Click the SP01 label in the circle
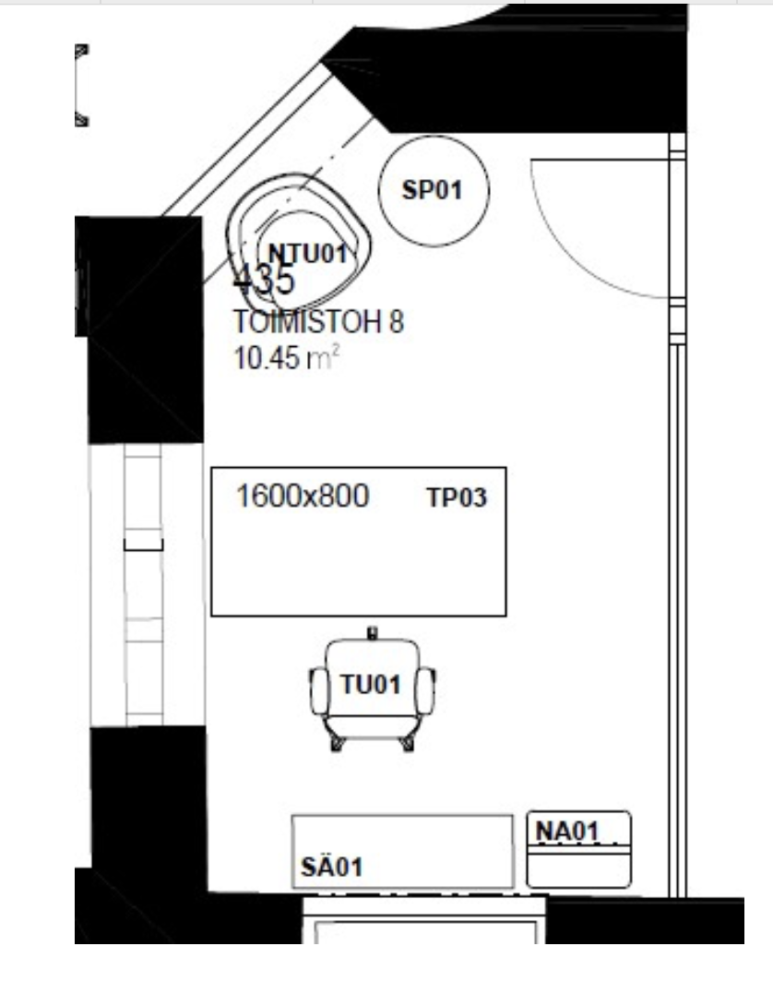432,190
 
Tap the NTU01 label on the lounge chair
307,254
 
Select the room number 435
264,280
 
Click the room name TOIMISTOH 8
318,322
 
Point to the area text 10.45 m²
287,358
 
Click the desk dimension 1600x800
303,496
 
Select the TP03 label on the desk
457,497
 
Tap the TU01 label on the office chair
371,685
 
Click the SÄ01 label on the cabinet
332,868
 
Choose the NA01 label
567,832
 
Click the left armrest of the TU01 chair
318,691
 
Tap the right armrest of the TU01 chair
425,691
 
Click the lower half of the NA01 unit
578,870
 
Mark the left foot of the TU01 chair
337,743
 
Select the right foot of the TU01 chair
408,743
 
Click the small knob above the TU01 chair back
373,633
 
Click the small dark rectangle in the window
143,545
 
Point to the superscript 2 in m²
336,352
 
